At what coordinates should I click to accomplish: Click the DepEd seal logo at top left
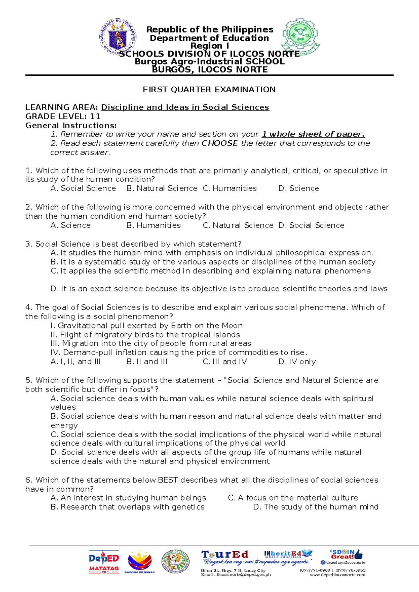(118, 38)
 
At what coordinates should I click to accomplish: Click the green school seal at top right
(301, 36)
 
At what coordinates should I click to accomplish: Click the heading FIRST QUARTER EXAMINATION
(209, 90)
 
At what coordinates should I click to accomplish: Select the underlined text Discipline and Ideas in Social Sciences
(185, 108)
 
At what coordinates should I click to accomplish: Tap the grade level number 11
(95, 117)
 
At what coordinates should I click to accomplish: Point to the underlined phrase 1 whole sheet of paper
(313, 134)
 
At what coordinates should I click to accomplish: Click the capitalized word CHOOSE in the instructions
(220, 143)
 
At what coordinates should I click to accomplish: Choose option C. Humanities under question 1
(230, 188)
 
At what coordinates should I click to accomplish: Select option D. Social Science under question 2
(311, 225)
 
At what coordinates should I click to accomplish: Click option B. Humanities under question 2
(154, 225)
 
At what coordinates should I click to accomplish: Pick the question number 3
(28, 244)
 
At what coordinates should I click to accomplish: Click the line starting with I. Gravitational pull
(147, 326)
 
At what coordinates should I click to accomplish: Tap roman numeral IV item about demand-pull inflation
(179, 353)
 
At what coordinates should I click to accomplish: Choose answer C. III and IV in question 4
(225, 362)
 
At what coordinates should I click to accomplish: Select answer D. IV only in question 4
(297, 362)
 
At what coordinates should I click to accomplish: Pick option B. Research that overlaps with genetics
(128, 507)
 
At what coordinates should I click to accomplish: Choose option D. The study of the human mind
(316, 507)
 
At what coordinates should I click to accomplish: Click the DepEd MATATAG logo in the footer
(104, 562)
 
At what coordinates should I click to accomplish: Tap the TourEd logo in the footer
(225, 555)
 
